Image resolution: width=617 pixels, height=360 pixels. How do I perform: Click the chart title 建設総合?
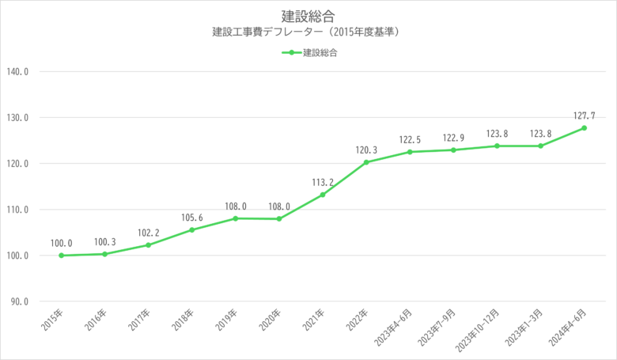coord(308,16)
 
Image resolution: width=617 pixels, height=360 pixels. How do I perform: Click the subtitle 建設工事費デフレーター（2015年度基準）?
coord(308,33)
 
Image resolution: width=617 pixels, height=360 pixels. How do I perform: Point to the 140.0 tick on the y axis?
coord(17,72)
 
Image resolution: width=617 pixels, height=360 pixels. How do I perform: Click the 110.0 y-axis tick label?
coord(17,210)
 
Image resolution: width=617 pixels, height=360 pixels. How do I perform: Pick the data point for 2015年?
coord(61,256)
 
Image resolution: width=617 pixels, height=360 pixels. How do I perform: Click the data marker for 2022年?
coord(366,162)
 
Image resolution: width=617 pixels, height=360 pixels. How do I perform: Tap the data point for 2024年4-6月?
coord(584,128)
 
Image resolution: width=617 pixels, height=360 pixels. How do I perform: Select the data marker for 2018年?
coord(191,229)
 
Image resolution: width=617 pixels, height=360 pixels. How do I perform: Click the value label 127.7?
coord(584,115)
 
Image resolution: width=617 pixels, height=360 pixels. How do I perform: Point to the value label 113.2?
coord(323,182)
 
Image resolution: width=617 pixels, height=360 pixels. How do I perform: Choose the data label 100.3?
coord(104,241)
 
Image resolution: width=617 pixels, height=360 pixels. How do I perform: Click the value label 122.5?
coord(410,139)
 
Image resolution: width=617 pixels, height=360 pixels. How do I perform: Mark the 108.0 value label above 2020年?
coord(278,207)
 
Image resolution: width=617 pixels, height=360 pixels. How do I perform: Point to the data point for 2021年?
coord(323,195)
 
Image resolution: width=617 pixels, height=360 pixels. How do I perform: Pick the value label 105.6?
coord(191,217)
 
